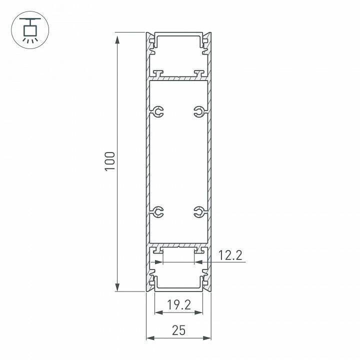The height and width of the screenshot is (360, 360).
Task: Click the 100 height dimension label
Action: [109, 161]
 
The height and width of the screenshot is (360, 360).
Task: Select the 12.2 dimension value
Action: [230, 255]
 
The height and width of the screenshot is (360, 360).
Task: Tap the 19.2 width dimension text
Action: [179, 305]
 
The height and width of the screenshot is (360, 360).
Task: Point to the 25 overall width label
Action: [178, 330]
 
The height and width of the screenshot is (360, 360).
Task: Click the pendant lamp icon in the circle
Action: [30, 30]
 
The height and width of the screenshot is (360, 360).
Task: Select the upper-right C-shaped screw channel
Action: [199, 111]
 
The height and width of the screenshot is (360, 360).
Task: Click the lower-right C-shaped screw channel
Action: [199, 211]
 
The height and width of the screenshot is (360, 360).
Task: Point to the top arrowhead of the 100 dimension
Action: [117, 39]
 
